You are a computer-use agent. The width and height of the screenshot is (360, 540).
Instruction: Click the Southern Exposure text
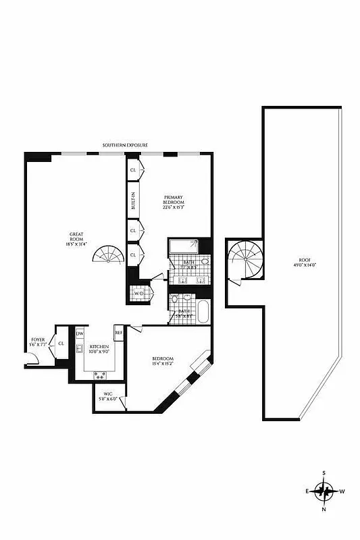pos(125,145)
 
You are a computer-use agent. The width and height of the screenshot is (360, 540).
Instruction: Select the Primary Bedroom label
pos(174,200)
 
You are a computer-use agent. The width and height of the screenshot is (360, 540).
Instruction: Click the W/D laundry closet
pos(140,294)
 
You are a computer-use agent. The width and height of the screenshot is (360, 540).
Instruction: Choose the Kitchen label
pos(97,346)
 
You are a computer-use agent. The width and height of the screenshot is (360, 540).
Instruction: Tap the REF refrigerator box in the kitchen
pos(118,332)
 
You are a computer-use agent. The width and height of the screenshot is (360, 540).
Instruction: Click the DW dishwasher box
pos(79,333)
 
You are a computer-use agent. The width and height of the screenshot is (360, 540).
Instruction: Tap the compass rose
pos(324,491)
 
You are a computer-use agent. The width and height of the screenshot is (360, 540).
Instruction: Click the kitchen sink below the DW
pos(79,348)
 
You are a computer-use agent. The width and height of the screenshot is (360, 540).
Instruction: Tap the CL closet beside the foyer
pos(61,343)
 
